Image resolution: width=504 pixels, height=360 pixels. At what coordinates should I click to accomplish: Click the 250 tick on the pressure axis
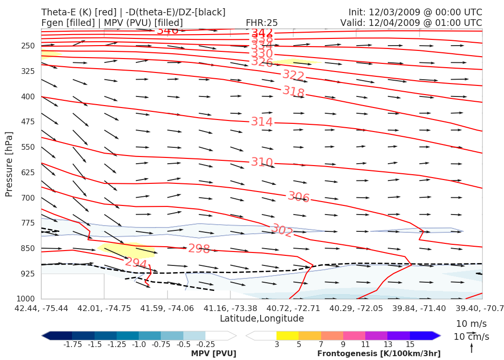[x=28, y=46]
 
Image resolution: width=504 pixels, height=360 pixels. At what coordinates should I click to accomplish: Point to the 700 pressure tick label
[x=28, y=198]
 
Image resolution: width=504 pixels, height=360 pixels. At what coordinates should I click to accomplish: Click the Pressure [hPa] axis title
[x=9, y=164]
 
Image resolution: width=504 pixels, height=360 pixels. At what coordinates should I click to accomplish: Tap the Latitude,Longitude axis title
[x=262, y=318]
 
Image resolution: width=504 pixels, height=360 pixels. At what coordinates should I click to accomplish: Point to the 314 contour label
[x=262, y=122]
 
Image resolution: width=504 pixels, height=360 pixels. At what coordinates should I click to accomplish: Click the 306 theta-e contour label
[x=299, y=197]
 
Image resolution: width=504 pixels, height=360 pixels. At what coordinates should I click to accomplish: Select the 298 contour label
[x=199, y=249]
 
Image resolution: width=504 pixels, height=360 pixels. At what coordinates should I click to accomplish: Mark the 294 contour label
[x=136, y=263]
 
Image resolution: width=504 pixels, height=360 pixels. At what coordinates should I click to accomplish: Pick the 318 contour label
[x=293, y=92]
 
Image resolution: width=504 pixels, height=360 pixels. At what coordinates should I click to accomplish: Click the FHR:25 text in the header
[x=262, y=23]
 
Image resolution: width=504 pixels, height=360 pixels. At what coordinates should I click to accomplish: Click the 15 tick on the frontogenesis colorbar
[x=410, y=344]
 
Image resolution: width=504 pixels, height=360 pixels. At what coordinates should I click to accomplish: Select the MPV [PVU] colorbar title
[x=213, y=354]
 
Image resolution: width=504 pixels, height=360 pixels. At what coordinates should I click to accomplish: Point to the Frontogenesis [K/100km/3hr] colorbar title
[x=379, y=354]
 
